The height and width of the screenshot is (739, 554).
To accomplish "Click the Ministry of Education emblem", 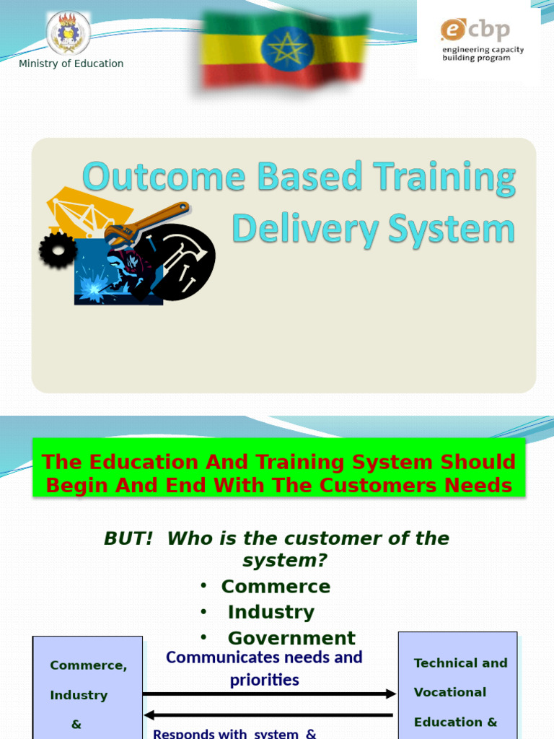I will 69,33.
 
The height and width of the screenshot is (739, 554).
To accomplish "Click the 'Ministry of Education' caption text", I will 71,64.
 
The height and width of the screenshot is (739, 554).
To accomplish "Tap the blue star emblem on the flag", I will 287,49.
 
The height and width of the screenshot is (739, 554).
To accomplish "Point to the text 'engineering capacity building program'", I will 483,54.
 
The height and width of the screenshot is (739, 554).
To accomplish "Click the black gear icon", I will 58,250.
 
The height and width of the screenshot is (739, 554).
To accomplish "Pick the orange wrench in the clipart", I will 147,223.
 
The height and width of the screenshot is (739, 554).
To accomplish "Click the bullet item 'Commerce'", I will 276,587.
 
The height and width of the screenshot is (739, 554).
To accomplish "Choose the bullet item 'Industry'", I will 271,612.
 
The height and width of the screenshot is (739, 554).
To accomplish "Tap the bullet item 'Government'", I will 291,638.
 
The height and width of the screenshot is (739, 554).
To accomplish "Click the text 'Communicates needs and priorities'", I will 264,668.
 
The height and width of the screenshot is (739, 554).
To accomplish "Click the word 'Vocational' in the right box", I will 450,692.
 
